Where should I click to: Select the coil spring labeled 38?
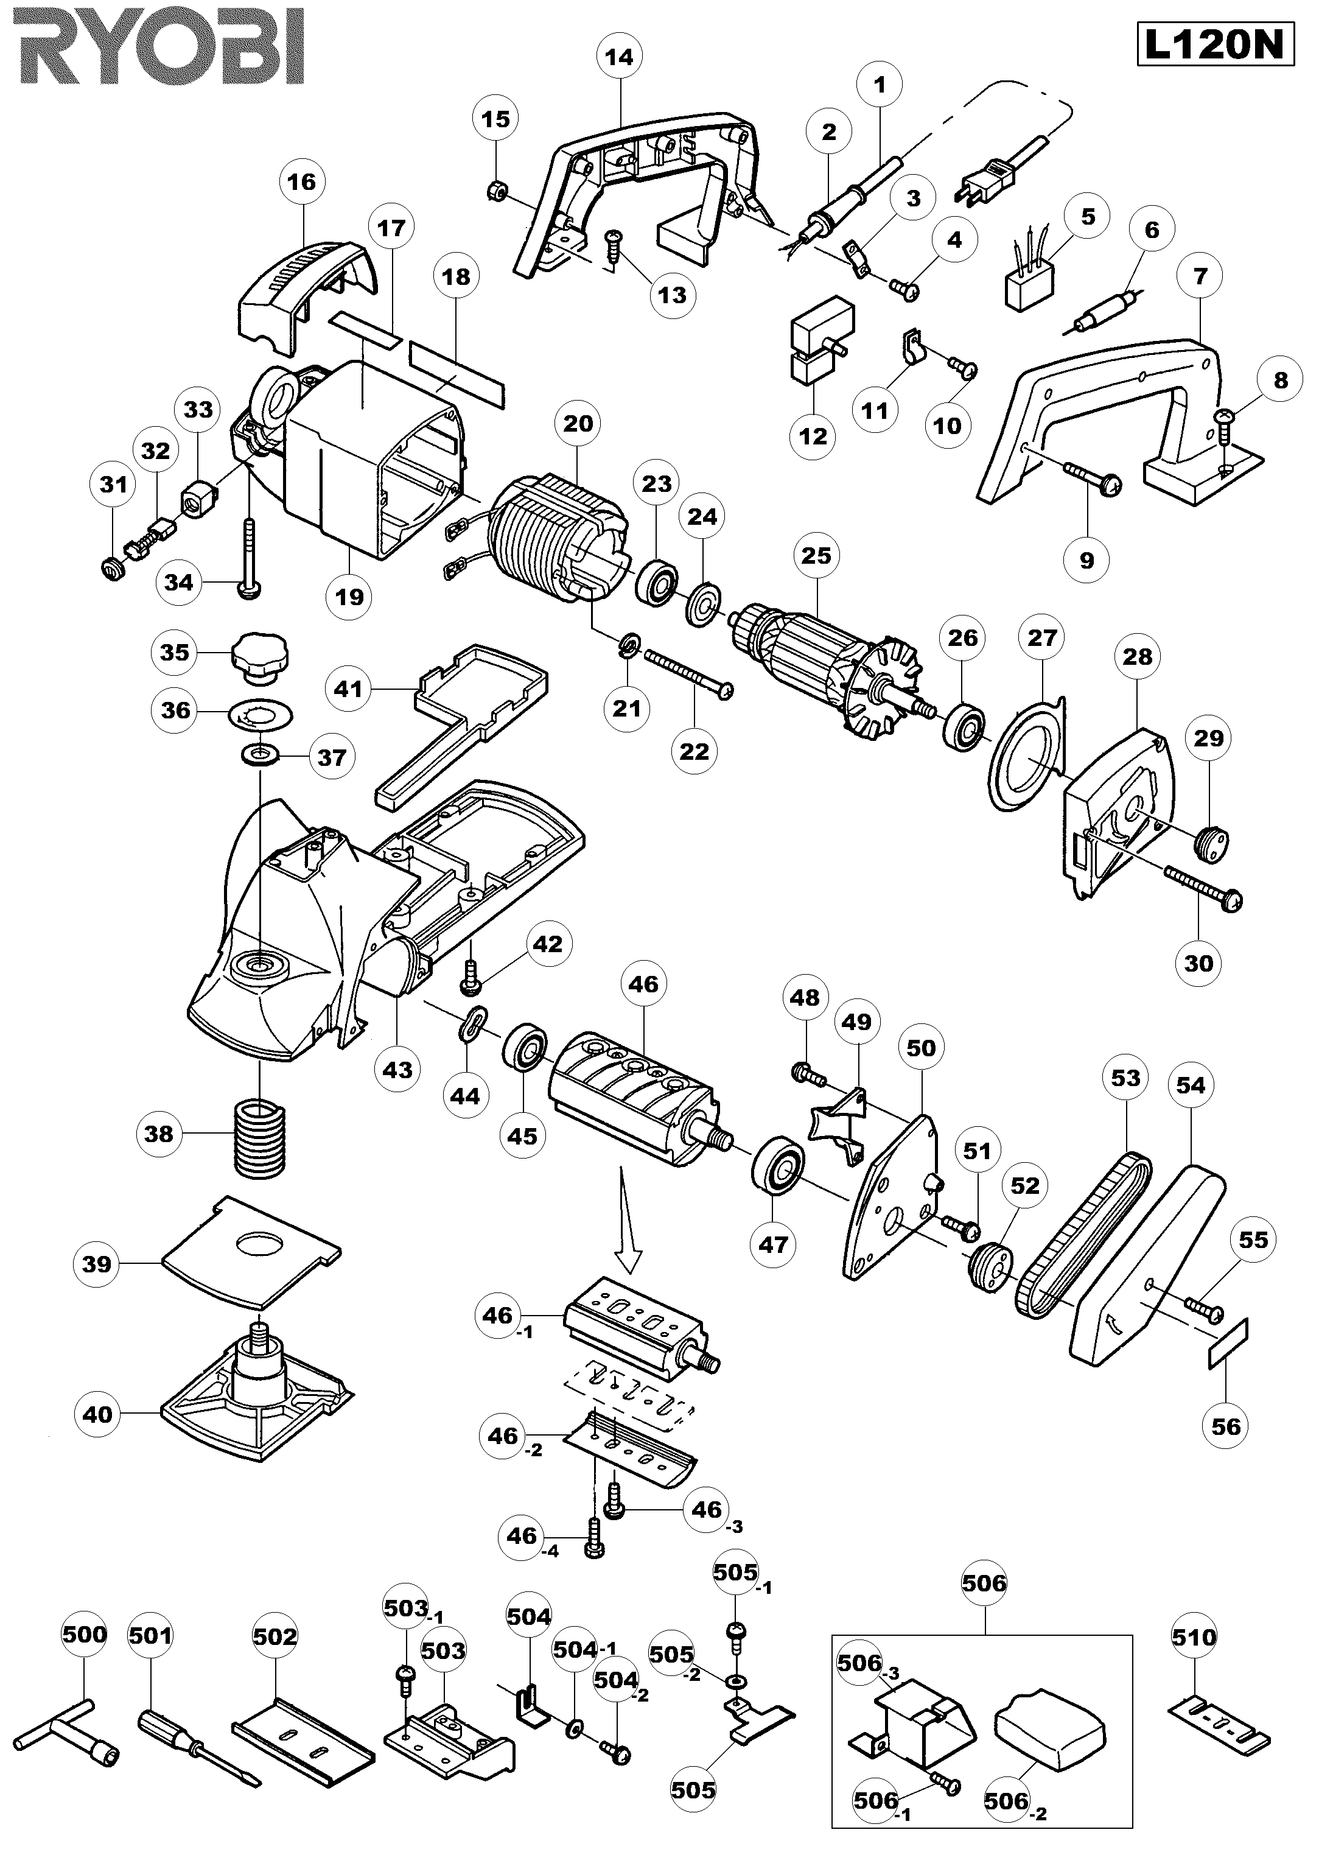[261, 1135]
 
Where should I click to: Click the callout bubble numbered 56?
[1226, 1426]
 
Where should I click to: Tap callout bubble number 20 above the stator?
[578, 423]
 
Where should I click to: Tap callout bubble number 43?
[397, 1070]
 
